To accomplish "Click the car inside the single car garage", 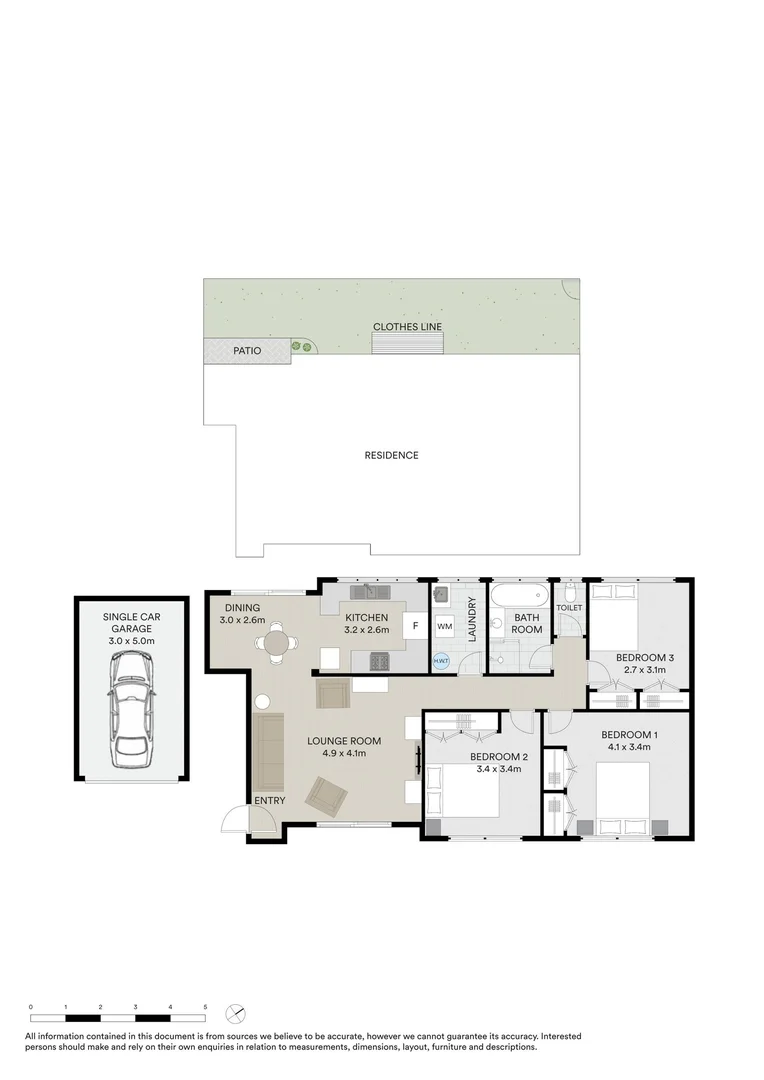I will click(x=131, y=706).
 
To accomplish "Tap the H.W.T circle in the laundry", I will click(x=441, y=660).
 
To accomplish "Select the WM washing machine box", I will click(x=444, y=626).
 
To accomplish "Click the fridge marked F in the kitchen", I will click(x=412, y=626).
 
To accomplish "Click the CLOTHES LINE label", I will click(x=407, y=327).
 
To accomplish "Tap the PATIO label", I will click(x=247, y=351).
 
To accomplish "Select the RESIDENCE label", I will click(x=391, y=455).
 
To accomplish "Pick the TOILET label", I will click(x=569, y=608).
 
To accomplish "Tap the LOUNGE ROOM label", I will click(x=344, y=741).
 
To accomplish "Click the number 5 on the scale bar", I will click(x=205, y=1007).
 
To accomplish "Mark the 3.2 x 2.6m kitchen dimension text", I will click(x=366, y=631).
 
